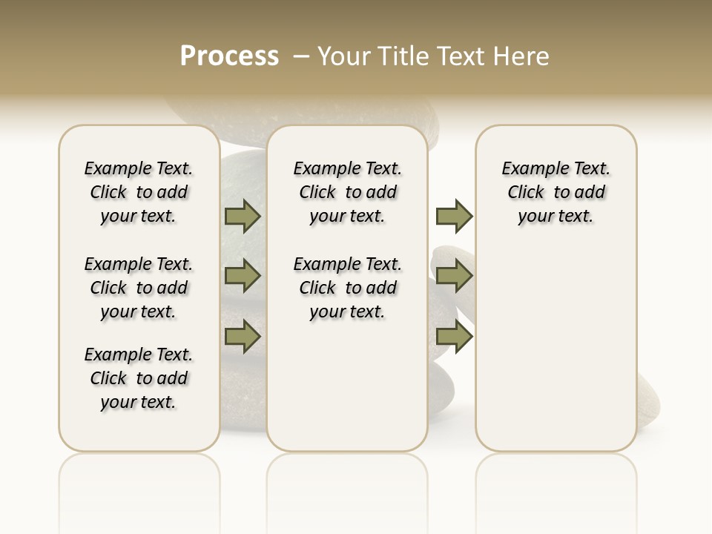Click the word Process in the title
point(229,56)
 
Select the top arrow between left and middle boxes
point(243,217)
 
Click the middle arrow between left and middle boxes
point(243,277)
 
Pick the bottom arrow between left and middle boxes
point(243,337)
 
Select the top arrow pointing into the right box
point(454,217)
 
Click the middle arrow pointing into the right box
point(454,277)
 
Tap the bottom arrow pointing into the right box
point(454,337)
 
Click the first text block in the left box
point(139,192)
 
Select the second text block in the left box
point(139,288)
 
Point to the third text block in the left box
point(139,378)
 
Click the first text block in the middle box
point(347,192)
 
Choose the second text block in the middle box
point(347,288)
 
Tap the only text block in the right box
point(556,192)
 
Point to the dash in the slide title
point(302,56)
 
